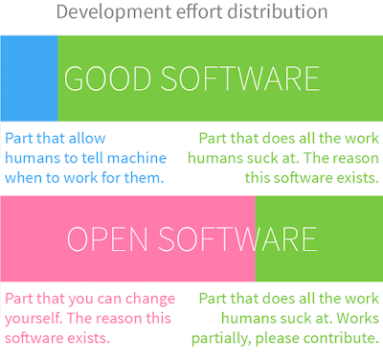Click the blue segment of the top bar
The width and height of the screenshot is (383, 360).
pos(29,79)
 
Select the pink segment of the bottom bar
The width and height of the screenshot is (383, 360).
pos(128,238)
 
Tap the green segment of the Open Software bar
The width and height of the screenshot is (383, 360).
pos(319,238)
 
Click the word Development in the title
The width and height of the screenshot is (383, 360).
pos(114,12)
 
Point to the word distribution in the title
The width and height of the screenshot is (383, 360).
pos(278,11)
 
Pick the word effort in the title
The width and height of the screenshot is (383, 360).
pos(199,11)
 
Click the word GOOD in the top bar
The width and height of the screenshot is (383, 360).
pos(107,79)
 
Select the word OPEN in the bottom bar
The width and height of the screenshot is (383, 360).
pos(107,239)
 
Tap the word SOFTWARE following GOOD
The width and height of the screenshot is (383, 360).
pos(239,79)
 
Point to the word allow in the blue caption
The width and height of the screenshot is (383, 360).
pos(87,138)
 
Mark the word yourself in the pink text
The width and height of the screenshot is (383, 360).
pos(34,319)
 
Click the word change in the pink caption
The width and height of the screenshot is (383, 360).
pos(150,300)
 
